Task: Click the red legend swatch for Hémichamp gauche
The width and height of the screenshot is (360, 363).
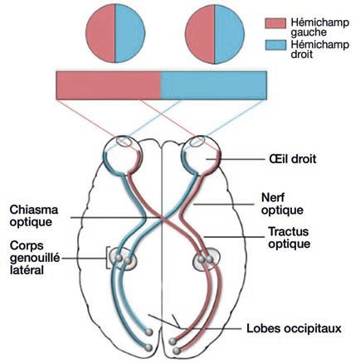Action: click(x=275, y=23)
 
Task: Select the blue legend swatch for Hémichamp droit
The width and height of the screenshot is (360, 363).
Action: click(x=275, y=45)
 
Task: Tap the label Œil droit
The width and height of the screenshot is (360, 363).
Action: click(x=292, y=159)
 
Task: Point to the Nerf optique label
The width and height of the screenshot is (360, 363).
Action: click(x=282, y=204)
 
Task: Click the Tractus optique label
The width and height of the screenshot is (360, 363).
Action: click(x=289, y=238)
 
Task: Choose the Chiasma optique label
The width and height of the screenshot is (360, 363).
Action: click(x=34, y=215)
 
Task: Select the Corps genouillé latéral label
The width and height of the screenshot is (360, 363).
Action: click(x=35, y=258)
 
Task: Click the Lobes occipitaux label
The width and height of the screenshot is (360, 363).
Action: click(x=294, y=329)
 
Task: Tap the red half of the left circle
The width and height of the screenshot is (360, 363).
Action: click(x=100, y=33)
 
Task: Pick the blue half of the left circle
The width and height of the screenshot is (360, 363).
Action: click(x=130, y=33)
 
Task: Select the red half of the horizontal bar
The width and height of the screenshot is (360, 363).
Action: click(x=109, y=85)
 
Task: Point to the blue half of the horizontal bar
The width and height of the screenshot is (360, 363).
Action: click(x=214, y=85)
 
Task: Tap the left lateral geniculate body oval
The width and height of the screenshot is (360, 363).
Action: click(x=123, y=259)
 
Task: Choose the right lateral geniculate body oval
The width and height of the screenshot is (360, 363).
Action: click(x=207, y=259)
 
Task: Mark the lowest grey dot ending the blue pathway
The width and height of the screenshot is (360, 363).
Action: click(x=148, y=347)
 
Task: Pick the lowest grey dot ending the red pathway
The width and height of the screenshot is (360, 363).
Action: click(x=176, y=351)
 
